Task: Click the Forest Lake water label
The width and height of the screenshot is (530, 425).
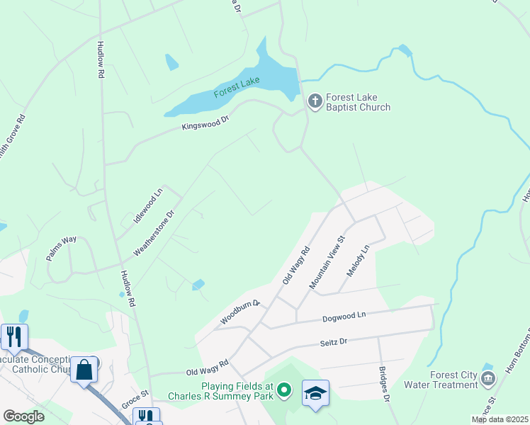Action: [x=237, y=87]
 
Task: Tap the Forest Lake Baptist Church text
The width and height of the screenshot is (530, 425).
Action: [x=357, y=103]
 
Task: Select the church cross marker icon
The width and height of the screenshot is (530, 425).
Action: [x=315, y=102]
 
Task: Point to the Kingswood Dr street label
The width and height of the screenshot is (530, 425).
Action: [x=205, y=123]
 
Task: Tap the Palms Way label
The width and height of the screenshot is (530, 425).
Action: [x=62, y=249]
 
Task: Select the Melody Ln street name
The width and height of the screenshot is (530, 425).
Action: [x=358, y=261]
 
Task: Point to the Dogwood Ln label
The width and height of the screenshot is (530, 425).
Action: [x=343, y=316]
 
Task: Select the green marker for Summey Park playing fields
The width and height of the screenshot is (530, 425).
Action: [x=284, y=389]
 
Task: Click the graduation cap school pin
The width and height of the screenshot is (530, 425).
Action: [x=316, y=392]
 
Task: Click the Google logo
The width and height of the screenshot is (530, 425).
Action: [x=23, y=416]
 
